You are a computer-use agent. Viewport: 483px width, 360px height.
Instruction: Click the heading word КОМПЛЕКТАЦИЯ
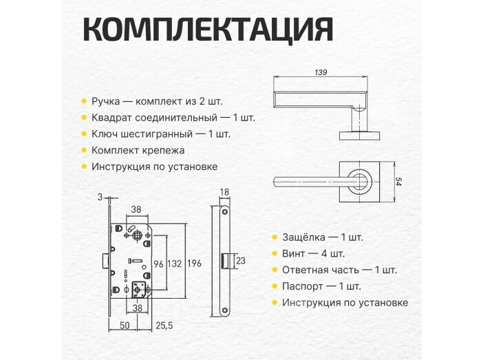pyautogui.click(x=208, y=30)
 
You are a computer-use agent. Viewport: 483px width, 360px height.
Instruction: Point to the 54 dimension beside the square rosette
pyautogui.click(x=398, y=182)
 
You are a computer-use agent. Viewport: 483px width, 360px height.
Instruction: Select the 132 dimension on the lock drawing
pyautogui.click(x=175, y=264)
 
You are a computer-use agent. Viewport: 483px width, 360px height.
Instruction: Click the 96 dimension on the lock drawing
pyautogui.click(x=158, y=264)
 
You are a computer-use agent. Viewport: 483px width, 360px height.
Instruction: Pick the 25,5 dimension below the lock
pyautogui.click(x=164, y=324)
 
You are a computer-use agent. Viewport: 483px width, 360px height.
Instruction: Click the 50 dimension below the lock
pyautogui.click(x=125, y=324)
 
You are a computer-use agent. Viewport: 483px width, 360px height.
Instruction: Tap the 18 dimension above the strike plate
pyautogui.click(x=224, y=192)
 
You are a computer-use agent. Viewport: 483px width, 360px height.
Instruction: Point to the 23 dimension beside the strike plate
pyautogui.click(x=240, y=261)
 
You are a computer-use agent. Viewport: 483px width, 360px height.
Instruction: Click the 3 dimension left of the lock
pyautogui.click(x=100, y=198)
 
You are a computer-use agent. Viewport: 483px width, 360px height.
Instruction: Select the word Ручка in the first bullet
pyautogui.click(x=105, y=101)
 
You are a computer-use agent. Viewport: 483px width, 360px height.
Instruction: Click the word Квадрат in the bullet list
pyautogui.click(x=111, y=118)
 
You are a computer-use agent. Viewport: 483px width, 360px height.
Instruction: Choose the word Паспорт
pyautogui.click(x=303, y=286)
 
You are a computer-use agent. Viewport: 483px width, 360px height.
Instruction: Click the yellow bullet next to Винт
pyautogui.click(x=275, y=253)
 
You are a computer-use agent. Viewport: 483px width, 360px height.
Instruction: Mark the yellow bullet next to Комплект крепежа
pyautogui.click(x=84, y=150)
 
